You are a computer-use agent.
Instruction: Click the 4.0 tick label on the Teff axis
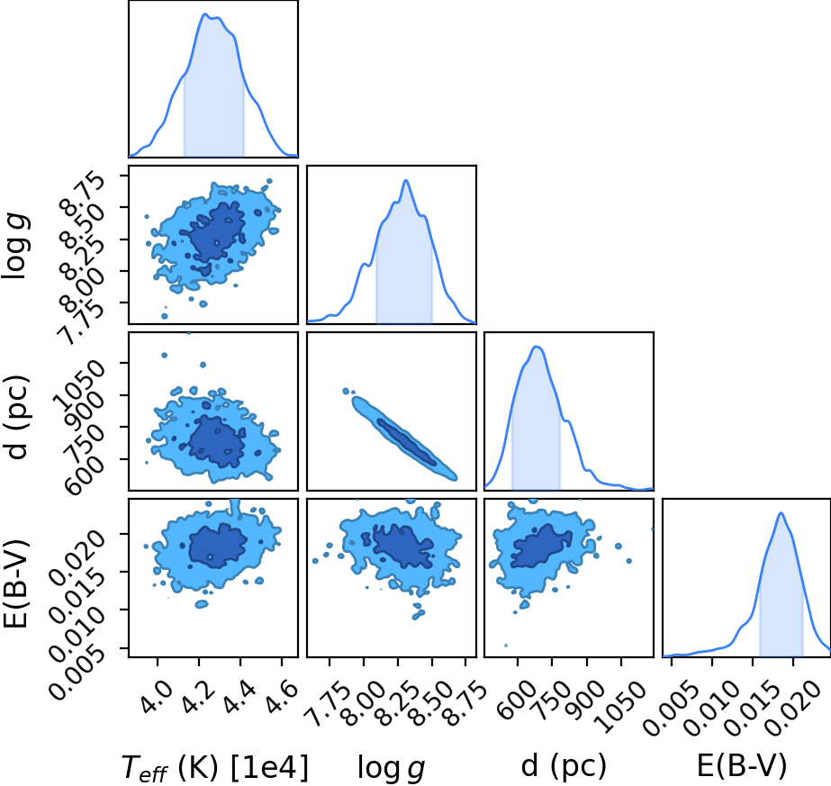[x=157, y=691]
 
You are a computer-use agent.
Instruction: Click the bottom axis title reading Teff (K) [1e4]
[x=214, y=766]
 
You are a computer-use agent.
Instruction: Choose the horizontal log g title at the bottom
[x=391, y=767]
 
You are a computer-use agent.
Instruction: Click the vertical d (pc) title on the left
[x=16, y=417]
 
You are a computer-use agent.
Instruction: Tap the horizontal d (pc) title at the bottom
[x=564, y=766]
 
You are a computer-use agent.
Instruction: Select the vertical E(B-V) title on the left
[x=16, y=583]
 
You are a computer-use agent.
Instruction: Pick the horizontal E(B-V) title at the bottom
[x=742, y=766]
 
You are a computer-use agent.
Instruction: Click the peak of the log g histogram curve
[x=406, y=180]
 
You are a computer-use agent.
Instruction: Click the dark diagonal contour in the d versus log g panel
[x=406, y=443]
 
